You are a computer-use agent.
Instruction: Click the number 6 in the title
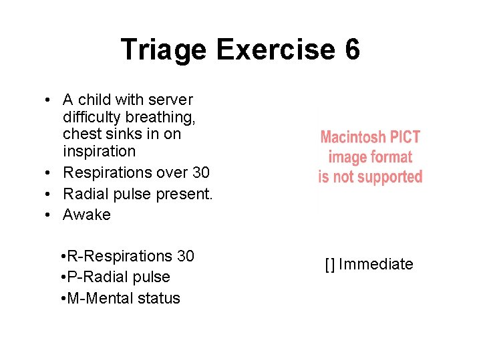(351, 50)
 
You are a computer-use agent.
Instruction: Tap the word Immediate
(375, 264)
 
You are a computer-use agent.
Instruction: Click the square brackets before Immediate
(329, 264)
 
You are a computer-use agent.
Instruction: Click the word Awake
(87, 215)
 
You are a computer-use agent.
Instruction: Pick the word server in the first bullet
(172, 100)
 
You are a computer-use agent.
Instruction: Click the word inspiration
(99, 151)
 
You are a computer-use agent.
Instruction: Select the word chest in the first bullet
(80, 134)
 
